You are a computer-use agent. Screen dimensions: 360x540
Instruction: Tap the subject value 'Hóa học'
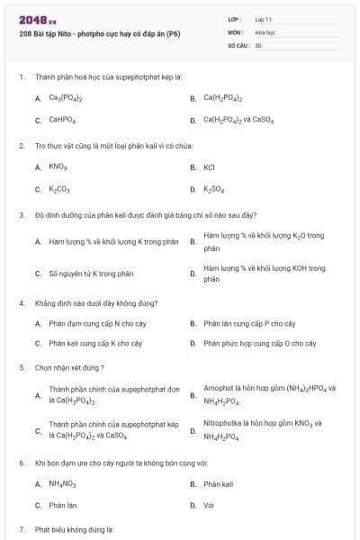click(x=265, y=31)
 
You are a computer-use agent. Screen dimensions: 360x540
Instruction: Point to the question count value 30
click(x=258, y=44)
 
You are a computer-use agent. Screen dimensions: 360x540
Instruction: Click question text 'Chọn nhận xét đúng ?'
click(x=69, y=367)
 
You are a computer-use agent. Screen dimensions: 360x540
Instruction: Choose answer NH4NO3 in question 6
click(x=62, y=484)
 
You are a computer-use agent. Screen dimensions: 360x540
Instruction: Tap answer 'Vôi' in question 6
click(x=209, y=505)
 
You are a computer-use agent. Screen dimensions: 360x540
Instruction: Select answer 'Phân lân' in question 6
click(x=62, y=505)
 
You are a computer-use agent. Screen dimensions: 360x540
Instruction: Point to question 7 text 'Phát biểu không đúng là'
click(x=74, y=529)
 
